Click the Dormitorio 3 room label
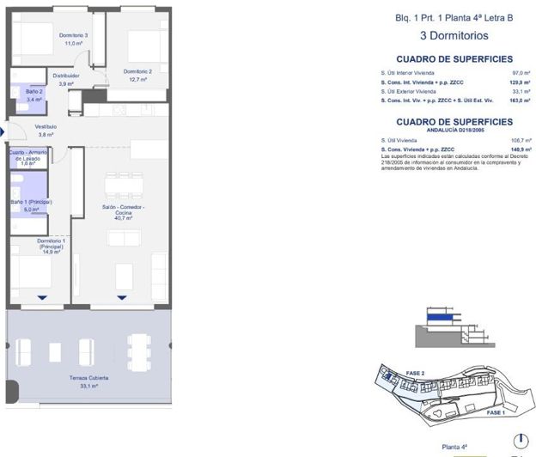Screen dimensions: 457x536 (74, 35)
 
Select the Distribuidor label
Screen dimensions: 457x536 (66, 76)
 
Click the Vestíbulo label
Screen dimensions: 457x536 (45, 126)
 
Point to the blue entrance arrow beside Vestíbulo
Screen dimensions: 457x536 (3, 131)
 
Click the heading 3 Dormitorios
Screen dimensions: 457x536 (454, 36)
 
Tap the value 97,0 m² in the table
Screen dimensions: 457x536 (519, 73)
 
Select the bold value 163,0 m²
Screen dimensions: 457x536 (518, 101)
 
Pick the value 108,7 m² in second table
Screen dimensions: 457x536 (518, 140)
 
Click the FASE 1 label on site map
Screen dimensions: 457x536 (496, 412)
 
